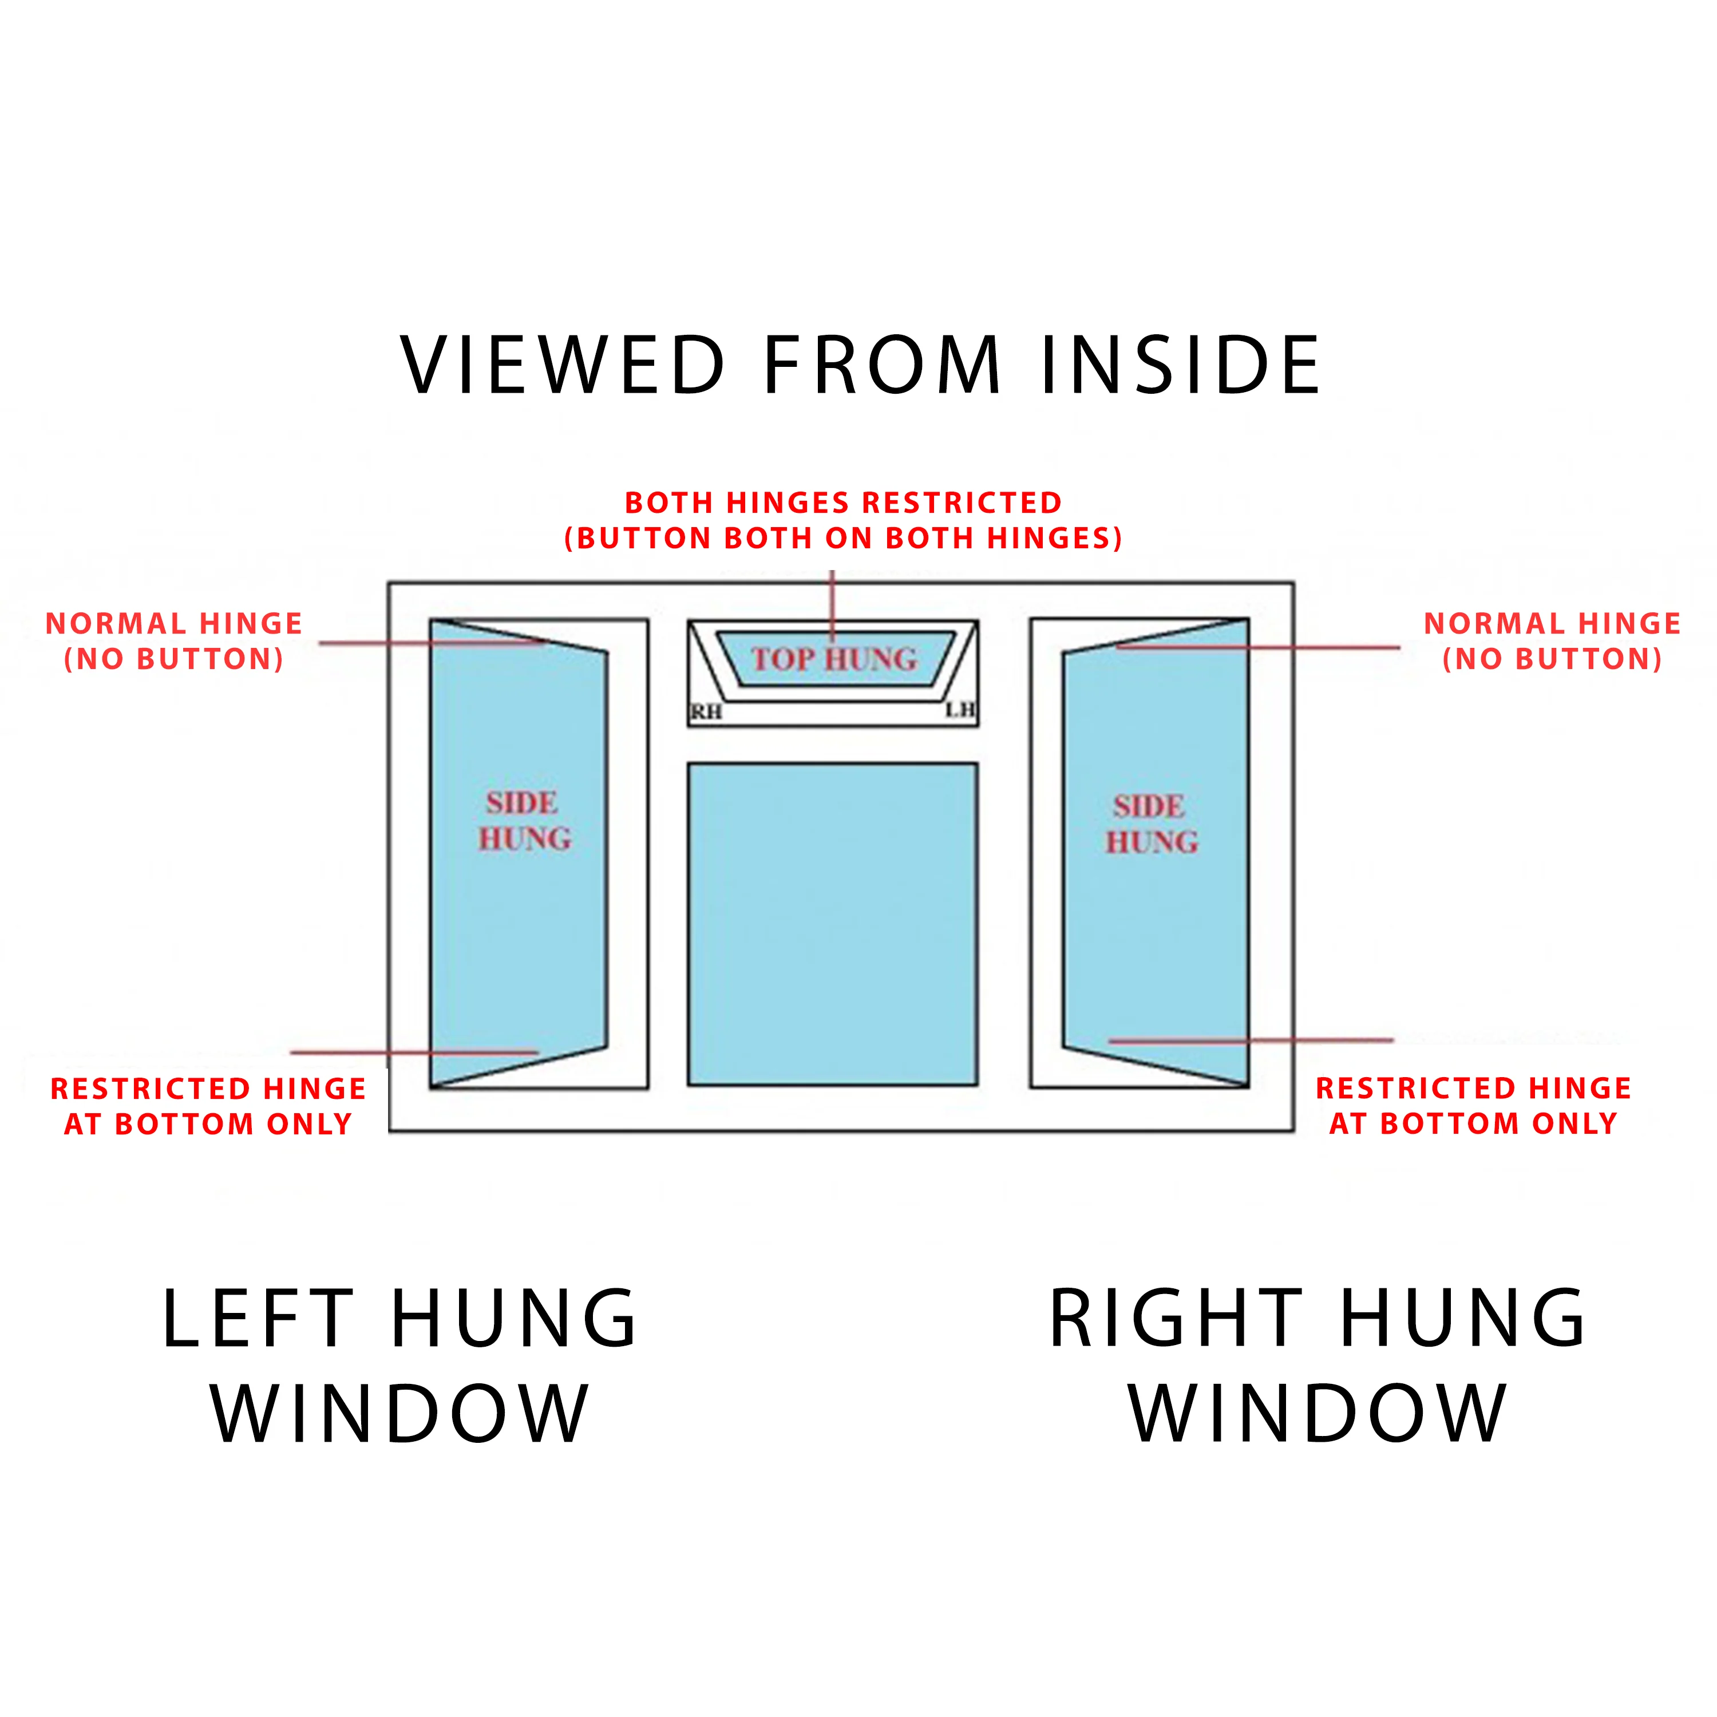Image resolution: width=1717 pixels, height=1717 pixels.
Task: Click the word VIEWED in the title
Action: (563, 365)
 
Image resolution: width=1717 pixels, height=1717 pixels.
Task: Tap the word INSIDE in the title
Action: (1180, 365)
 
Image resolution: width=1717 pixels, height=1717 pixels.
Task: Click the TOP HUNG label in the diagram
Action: (834, 659)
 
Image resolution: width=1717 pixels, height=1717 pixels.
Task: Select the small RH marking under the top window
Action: (706, 712)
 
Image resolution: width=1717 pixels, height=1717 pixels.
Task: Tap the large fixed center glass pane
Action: (833, 924)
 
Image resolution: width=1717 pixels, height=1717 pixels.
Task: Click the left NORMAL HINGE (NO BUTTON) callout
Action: (174, 641)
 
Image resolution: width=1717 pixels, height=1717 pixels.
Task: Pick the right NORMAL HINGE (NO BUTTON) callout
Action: (1552, 641)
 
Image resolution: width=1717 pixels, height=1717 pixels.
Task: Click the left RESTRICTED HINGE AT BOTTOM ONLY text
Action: (208, 1106)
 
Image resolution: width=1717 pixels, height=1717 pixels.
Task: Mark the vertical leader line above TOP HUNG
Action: (833, 600)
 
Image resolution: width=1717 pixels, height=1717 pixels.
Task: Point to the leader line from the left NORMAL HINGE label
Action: (426, 643)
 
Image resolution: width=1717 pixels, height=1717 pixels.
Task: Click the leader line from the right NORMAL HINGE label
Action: (1262, 648)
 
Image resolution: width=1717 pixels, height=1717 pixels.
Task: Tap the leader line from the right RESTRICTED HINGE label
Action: (1253, 1040)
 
